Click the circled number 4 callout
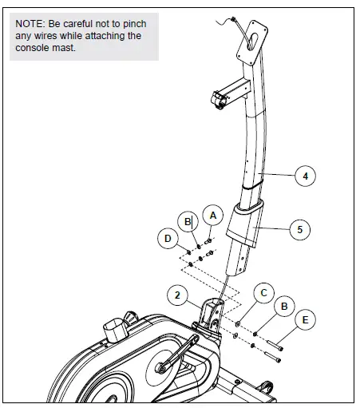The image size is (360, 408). pyautogui.click(x=304, y=176)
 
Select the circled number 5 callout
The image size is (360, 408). pyautogui.click(x=299, y=229)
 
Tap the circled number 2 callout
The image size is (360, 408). pyautogui.click(x=179, y=295)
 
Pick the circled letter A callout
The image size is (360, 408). pyautogui.click(x=212, y=214)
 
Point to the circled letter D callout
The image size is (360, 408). pyautogui.click(x=168, y=237)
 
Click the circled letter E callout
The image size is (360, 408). pyautogui.click(x=304, y=320)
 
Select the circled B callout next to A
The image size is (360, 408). pyautogui.click(x=188, y=220)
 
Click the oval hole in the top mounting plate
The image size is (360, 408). pyautogui.click(x=257, y=42)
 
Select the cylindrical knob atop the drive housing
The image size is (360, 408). pyautogui.click(x=122, y=327)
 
